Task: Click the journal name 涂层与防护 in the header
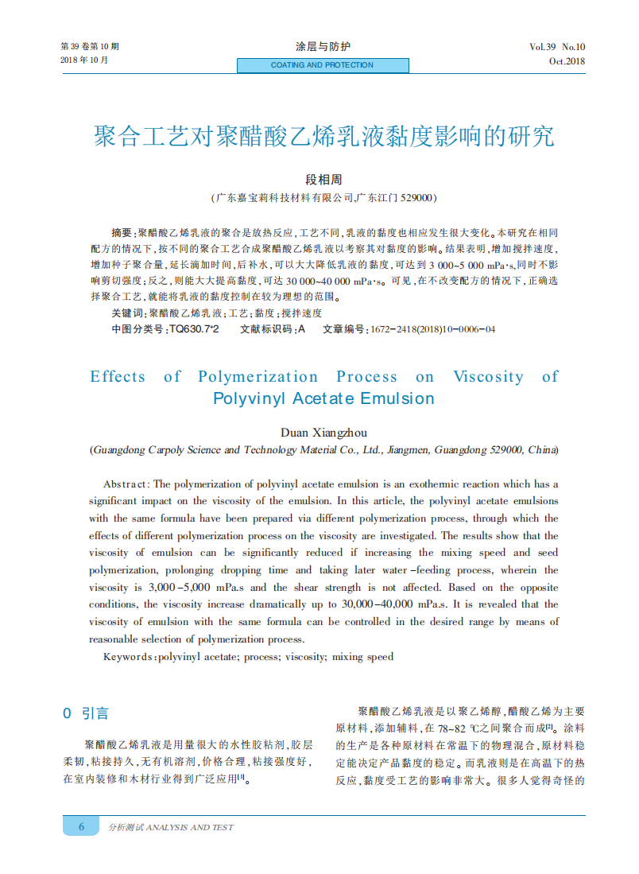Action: point(323,47)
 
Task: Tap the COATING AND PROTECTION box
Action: point(323,65)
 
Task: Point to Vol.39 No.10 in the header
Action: point(557,47)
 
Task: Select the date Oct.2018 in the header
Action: point(567,61)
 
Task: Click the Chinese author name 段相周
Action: point(323,181)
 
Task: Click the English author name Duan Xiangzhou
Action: point(323,433)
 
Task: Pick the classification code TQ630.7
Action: point(193,328)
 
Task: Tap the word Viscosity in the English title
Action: point(488,377)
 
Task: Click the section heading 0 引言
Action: point(87,713)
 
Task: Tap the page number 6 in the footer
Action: point(81,827)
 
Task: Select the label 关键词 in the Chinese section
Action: point(127,313)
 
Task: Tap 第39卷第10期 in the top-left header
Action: point(90,47)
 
